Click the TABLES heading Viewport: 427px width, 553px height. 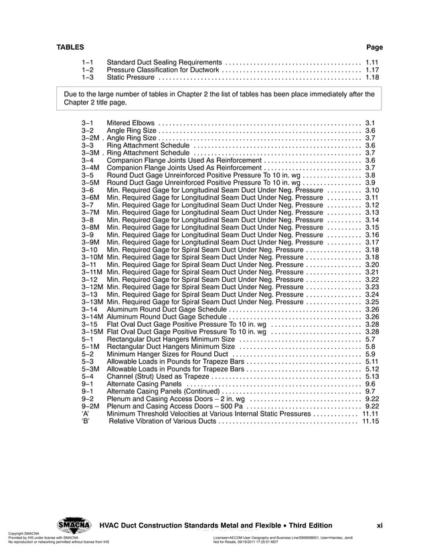[70, 48]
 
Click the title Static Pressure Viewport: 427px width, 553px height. [131, 78]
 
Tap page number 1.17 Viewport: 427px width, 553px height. [372, 70]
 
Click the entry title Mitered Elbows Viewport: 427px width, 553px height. [131, 123]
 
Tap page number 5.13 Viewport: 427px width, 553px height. [372, 376]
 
